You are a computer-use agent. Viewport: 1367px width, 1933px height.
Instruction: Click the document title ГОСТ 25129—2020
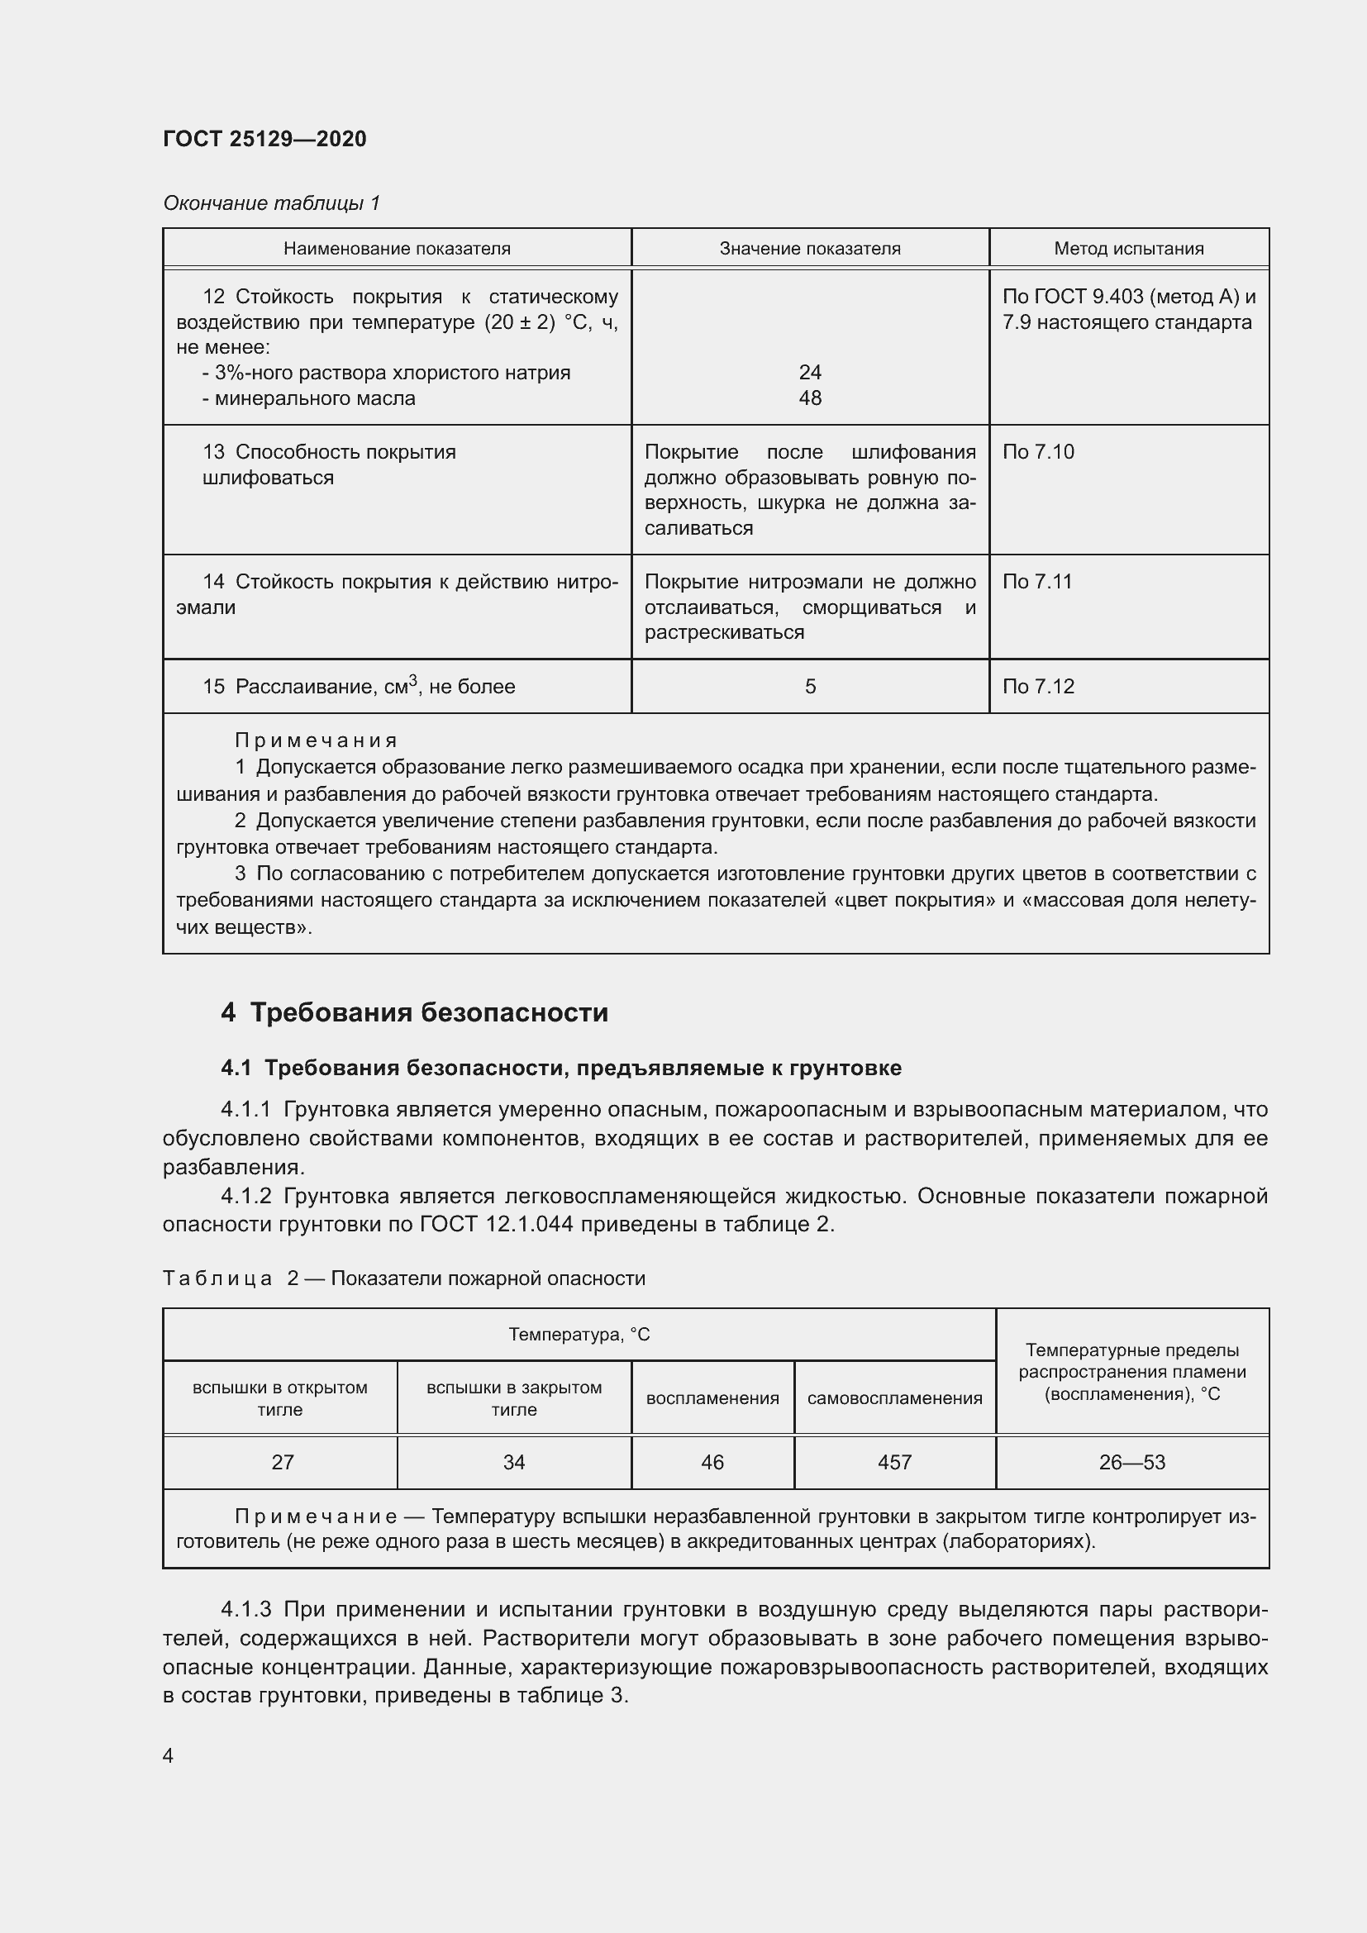point(264,139)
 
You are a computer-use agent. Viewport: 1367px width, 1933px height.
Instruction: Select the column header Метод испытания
point(1128,249)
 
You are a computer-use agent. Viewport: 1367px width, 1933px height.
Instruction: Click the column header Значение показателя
point(809,249)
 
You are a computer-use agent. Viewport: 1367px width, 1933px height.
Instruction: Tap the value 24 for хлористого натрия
point(809,372)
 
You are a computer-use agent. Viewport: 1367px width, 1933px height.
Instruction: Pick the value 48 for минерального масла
point(809,398)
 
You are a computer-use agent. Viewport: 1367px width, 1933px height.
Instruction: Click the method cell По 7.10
point(1038,452)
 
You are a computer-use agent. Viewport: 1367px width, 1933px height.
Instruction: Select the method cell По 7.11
point(1037,582)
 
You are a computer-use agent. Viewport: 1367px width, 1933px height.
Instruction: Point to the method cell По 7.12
point(1038,687)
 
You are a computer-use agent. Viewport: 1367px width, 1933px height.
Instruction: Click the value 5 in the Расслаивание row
point(810,687)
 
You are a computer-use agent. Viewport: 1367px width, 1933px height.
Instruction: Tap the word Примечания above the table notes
point(315,740)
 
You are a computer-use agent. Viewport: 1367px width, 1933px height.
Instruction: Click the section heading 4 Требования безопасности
point(414,1012)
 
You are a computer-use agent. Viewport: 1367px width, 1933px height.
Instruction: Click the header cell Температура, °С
point(579,1335)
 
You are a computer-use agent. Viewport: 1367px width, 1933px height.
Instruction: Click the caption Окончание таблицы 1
point(271,203)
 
